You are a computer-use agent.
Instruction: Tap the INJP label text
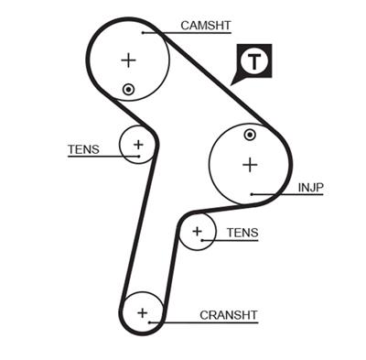(311, 188)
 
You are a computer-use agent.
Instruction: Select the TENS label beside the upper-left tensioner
(83, 149)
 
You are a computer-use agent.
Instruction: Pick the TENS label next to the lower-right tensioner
(242, 233)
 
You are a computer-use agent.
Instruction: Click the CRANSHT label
(229, 314)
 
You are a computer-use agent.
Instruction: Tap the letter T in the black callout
(253, 61)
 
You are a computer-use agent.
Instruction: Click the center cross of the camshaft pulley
(128, 60)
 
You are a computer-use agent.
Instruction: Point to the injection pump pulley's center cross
(249, 165)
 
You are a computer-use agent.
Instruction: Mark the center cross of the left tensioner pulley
(138, 144)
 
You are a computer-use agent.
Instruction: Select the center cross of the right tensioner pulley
(196, 232)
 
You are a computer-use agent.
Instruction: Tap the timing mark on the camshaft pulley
(129, 89)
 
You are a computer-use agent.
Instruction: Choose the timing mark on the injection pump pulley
(250, 136)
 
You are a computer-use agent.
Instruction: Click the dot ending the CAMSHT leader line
(143, 32)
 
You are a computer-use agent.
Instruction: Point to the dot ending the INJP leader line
(252, 194)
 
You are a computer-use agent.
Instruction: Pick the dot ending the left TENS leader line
(139, 157)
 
